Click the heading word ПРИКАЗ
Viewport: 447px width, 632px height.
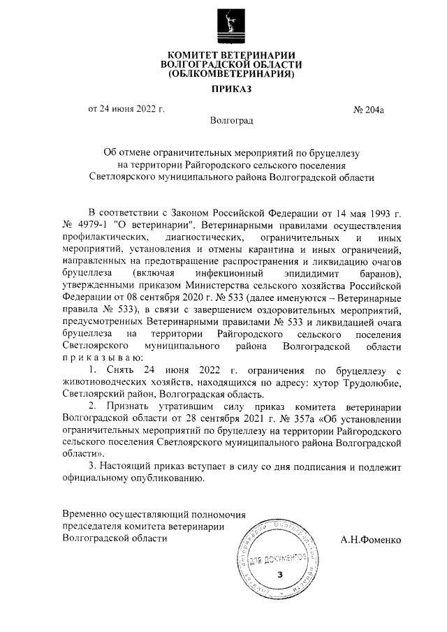click(x=230, y=89)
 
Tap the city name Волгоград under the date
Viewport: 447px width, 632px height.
click(x=231, y=121)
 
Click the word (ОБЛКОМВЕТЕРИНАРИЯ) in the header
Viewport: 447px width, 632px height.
click(x=230, y=73)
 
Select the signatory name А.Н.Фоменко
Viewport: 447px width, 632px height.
click(x=372, y=540)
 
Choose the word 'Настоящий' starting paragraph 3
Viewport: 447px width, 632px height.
click(x=126, y=466)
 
